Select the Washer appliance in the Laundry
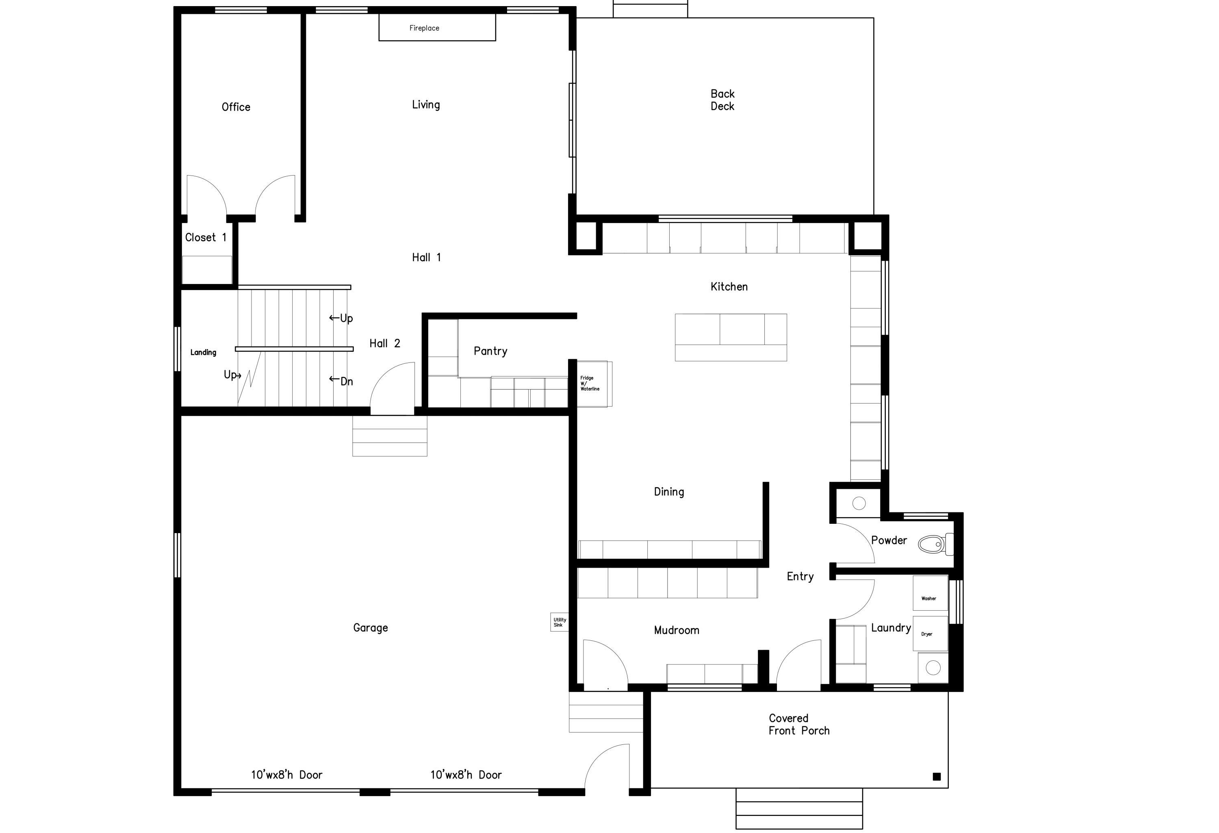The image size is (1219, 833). click(930, 593)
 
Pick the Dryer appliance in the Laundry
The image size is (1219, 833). click(930, 633)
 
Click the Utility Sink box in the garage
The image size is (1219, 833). click(559, 622)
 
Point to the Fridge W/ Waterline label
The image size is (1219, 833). click(590, 384)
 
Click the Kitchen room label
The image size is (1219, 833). click(729, 287)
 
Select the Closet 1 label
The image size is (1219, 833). click(206, 238)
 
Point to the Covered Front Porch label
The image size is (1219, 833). click(798, 725)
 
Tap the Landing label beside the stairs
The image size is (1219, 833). click(203, 353)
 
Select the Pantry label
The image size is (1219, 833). click(490, 351)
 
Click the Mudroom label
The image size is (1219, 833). click(676, 631)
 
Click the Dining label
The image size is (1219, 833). click(669, 492)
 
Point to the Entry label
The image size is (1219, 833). click(800, 577)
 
